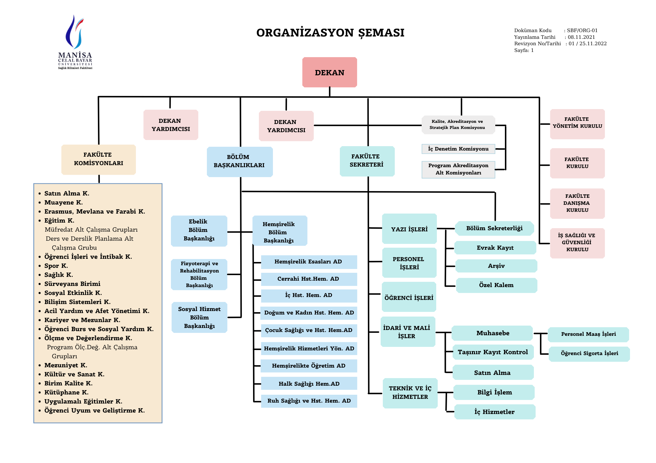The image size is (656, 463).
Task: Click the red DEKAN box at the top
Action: click(329, 72)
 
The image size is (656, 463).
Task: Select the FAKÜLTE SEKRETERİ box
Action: click(367, 161)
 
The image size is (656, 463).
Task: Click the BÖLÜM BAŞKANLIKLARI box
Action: click(239, 161)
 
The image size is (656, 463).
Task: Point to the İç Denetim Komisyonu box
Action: click(458, 149)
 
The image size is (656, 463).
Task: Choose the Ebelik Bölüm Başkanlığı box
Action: click(199, 230)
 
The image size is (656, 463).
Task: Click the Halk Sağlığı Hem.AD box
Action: click(309, 384)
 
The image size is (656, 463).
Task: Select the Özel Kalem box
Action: click(496, 285)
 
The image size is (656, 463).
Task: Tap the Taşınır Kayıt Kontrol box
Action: click(493, 352)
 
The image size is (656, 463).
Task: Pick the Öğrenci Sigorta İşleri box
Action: click(589, 353)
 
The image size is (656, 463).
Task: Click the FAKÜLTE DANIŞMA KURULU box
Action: click(577, 203)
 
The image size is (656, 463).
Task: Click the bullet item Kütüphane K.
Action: click(66, 392)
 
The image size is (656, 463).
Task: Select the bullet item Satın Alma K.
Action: click(67, 193)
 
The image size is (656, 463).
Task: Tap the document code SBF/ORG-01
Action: click(582, 30)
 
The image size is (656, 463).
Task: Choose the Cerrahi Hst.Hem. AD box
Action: click(308, 279)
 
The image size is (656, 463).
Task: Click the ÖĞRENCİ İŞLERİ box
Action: click(409, 298)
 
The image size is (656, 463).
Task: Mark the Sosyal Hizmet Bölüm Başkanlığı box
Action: click(199, 317)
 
